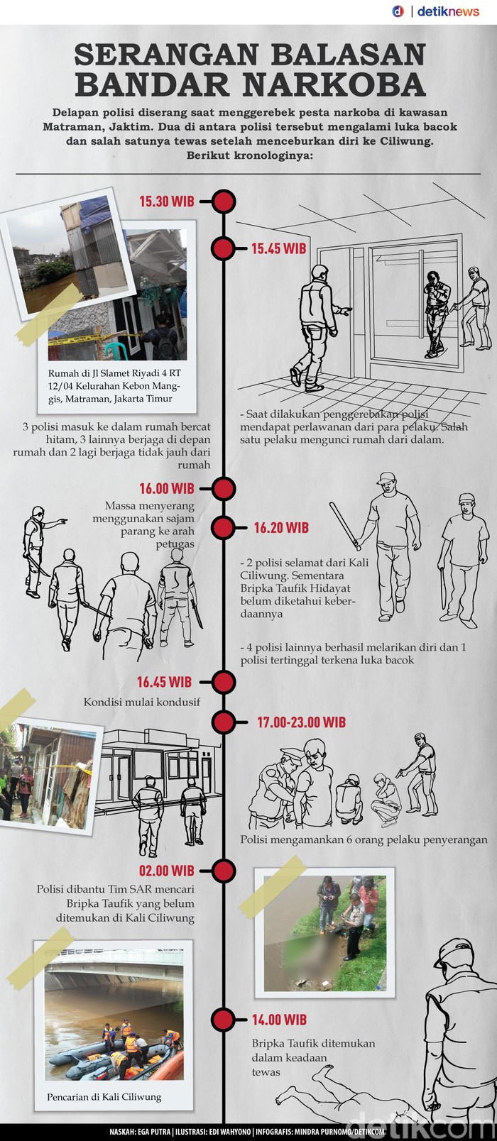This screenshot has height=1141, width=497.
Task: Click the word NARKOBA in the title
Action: pyautogui.click(x=334, y=84)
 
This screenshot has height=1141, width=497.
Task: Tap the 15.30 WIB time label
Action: pyautogui.click(x=167, y=202)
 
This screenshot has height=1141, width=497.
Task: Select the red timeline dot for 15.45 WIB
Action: pyautogui.click(x=223, y=248)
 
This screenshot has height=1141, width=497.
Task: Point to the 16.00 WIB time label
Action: pyautogui.click(x=167, y=488)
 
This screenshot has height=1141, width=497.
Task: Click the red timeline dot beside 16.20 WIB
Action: pyautogui.click(x=223, y=527)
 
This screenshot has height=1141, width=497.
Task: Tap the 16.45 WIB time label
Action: pyautogui.click(x=164, y=681)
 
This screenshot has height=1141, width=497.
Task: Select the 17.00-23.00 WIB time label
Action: pyautogui.click(x=301, y=722)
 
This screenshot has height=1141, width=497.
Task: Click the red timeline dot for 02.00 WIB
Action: pyautogui.click(x=223, y=871)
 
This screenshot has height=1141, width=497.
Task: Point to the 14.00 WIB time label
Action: pyautogui.click(x=279, y=1019)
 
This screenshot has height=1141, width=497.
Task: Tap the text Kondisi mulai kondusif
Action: pyautogui.click(x=142, y=702)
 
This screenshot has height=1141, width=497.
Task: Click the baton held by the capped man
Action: pyautogui.click(x=344, y=526)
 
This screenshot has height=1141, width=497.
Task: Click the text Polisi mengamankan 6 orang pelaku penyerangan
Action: pyautogui.click(x=364, y=839)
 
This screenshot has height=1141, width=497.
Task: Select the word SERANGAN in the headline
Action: pyautogui.click(x=250, y=54)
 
